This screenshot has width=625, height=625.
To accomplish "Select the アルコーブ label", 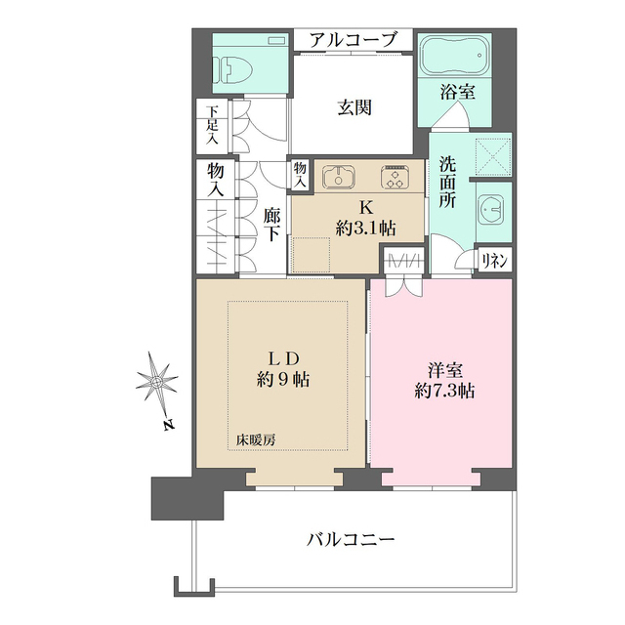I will point(354,40).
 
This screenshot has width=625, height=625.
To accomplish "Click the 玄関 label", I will point(354,106).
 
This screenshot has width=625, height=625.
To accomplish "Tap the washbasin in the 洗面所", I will point(492,209).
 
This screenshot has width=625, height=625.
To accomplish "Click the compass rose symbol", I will point(157,383).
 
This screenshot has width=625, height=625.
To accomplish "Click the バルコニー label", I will point(351,538).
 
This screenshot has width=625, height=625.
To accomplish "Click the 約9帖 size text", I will point(280,379).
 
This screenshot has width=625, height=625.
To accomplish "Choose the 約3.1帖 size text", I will point(364,229).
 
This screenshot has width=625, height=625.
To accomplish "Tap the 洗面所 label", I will point(447,182).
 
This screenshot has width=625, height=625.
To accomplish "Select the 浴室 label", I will point(456,95).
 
